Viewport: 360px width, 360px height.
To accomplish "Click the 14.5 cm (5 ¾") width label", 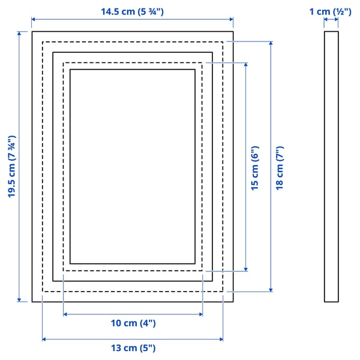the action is (132, 11).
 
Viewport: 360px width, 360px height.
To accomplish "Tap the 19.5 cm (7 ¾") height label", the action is (11, 166).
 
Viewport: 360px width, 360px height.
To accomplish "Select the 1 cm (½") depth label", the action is (331, 11).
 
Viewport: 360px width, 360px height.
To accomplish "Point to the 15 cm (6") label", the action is (254, 168).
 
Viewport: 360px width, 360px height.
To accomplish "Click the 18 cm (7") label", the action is (280, 168).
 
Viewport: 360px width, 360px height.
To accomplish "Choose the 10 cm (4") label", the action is (133, 323).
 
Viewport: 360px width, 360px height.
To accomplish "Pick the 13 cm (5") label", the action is (133, 348).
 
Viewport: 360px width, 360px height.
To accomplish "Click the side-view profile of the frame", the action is (331, 167).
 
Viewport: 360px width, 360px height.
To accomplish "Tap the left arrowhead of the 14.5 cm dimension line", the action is (33, 19).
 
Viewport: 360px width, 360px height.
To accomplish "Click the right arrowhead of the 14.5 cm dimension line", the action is (232, 19).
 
